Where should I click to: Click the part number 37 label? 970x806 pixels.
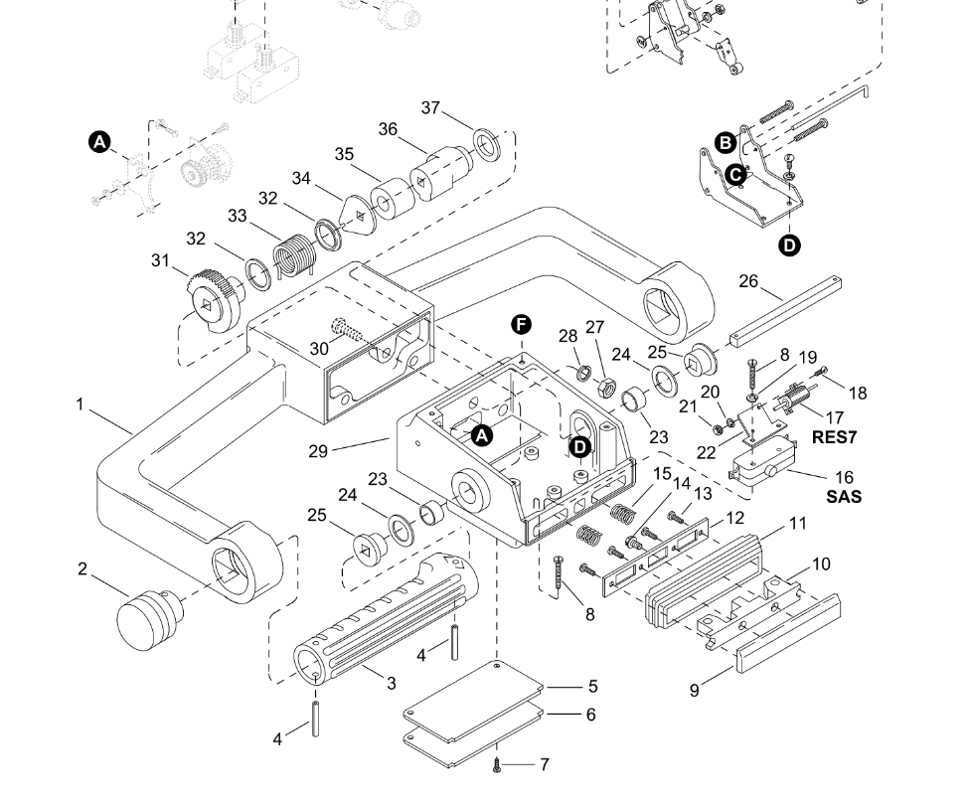[x=430, y=107]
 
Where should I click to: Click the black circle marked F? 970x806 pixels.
[x=521, y=325]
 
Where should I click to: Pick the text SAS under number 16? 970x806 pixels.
[x=844, y=497]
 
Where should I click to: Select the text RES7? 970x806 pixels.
[x=834, y=436]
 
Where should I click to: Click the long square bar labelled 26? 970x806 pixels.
[x=788, y=311]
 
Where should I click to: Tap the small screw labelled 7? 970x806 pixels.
[x=497, y=764]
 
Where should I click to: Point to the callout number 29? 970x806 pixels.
[x=318, y=451]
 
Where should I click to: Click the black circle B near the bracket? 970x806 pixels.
[x=726, y=142]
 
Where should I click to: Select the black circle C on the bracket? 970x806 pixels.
[x=735, y=175]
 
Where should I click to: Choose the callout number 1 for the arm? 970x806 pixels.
[x=80, y=404]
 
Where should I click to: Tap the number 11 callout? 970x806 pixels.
[x=798, y=524]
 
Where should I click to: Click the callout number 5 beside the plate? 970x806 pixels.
[x=592, y=686]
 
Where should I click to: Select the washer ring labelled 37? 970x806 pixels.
[x=486, y=144]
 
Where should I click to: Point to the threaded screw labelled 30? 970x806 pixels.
[x=345, y=330]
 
